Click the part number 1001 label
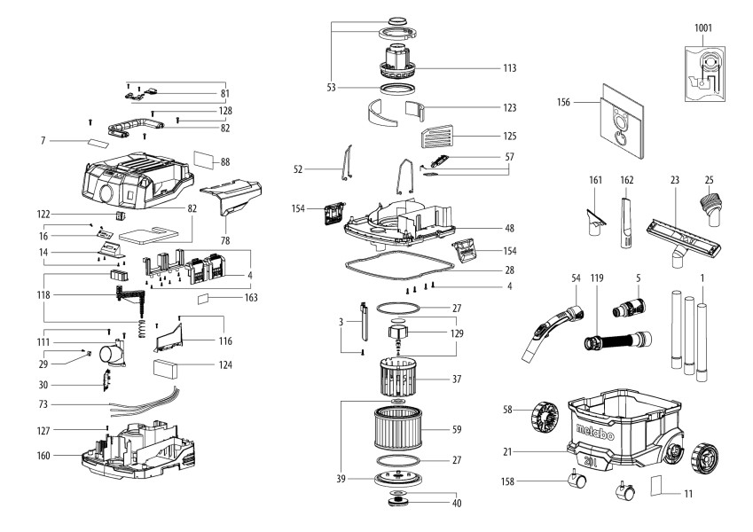coord(702,27)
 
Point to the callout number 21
coord(507,453)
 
